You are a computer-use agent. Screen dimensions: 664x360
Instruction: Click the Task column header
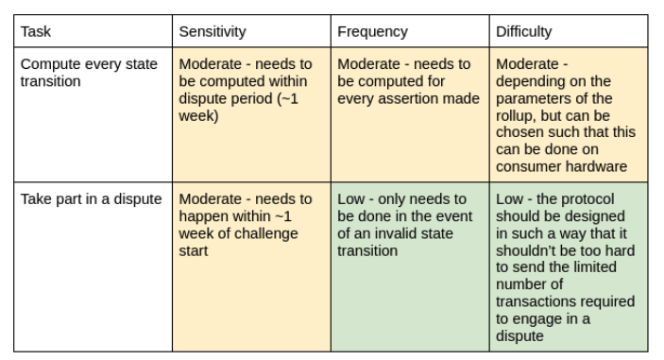coord(36,32)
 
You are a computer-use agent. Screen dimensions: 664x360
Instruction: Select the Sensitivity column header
coord(213,32)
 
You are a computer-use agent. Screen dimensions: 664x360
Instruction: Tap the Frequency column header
coord(373,32)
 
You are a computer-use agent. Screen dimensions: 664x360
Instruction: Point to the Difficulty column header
coord(524,32)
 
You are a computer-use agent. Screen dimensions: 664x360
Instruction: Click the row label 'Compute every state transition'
coord(89,73)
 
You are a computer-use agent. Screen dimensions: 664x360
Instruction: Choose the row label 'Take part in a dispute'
coord(91,199)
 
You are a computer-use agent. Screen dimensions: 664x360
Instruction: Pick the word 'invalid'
coord(396,233)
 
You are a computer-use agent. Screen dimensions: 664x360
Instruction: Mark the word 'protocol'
coord(588,199)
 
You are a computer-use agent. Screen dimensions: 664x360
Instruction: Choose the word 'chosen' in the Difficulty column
coord(519,132)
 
